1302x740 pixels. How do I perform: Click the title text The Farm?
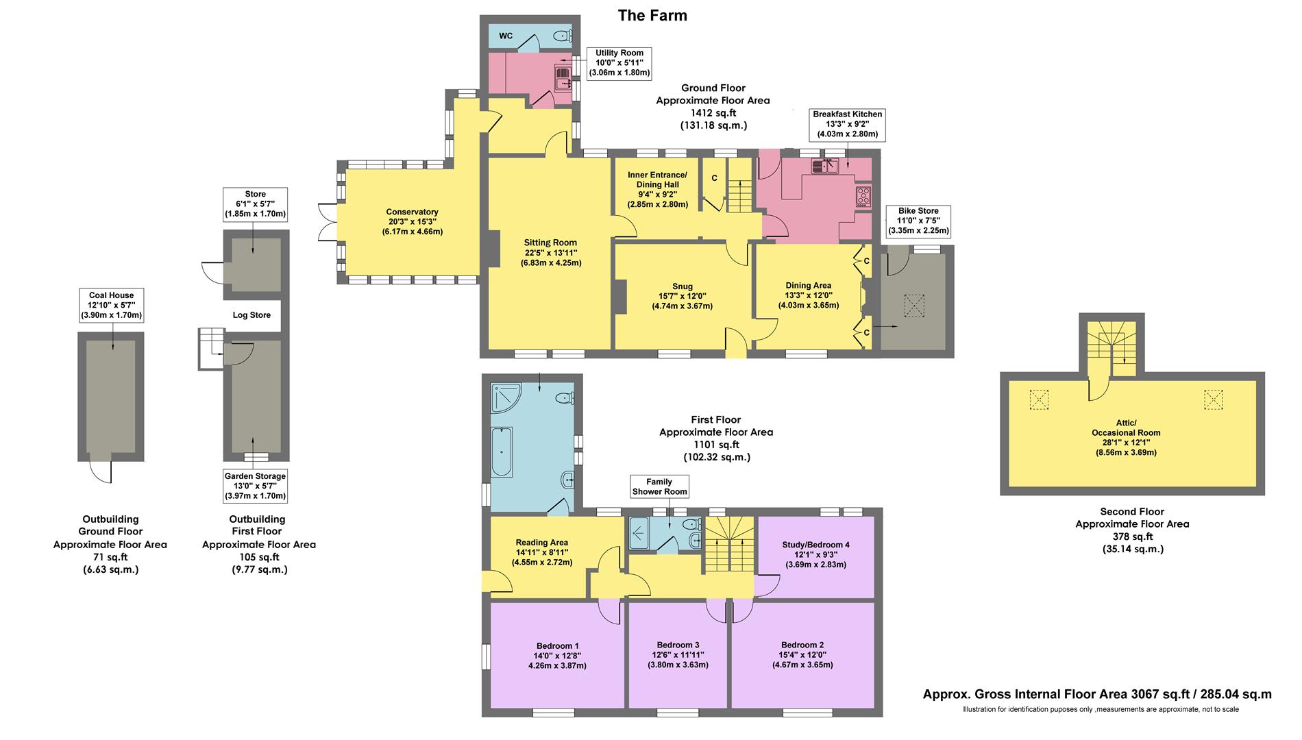pyautogui.click(x=652, y=15)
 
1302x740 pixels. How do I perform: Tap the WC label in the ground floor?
pyautogui.click(x=506, y=36)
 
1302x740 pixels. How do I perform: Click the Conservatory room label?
pyautogui.click(x=412, y=221)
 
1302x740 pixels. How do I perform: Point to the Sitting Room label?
pyautogui.click(x=550, y=252)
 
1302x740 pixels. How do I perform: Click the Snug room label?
pyautogui.click(x=682, y=296)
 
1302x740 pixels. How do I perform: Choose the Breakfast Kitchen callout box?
pyautogui.click(x=847, y=124)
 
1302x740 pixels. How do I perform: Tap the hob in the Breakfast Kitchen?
pyautogui.click(x=863, y=196)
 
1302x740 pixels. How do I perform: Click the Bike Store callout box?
pyautogui.click(x=918, y=221)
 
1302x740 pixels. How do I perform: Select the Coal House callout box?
pyautogui.click(x=111, y=305)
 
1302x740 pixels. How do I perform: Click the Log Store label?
pyautogui.click(x=251, y=315)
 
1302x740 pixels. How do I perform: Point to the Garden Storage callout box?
pyautogui.click(x=255, y=485)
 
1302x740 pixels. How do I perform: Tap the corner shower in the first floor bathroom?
pyautogui.click(x=506, y=398)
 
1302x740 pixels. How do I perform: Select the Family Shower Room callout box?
pyautogui.click(x=659, y=486)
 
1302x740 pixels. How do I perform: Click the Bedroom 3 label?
pyautogui.click(x=678, y=654)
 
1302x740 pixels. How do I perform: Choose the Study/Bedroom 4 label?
pyautogui.click(x=815, y=554)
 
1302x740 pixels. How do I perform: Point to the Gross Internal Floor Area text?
pyautogui.click(x=1096, y=694)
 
